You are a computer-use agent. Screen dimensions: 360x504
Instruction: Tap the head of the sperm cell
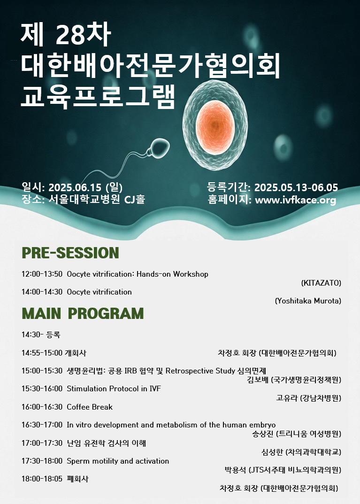pos(159,147)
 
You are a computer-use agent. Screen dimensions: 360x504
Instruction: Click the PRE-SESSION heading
pos(70,253)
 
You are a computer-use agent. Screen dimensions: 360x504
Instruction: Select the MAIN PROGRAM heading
pos(83,313)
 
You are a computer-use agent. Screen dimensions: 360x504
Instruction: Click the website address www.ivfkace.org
pos(295,200)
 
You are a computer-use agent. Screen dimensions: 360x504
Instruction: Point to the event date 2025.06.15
pos(75,187)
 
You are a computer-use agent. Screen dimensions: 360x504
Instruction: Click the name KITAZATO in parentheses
pos(321,283)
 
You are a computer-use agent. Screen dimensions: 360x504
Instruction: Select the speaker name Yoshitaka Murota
pos(308,301)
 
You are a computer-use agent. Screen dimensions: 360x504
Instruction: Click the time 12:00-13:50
pos(42,274)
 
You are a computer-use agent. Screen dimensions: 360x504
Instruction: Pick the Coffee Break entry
pos(90,407)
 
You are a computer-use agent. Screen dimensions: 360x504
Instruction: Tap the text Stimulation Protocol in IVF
pos(114,388)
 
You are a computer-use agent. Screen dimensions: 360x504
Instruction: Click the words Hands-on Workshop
pos(172,274)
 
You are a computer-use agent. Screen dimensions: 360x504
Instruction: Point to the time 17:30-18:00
pos(42,461)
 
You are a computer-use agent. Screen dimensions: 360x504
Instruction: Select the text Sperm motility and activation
pos(118,461)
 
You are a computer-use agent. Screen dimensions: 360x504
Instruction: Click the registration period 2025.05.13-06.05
pos(296,187)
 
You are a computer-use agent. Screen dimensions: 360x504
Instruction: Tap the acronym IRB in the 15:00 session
pos(130,371)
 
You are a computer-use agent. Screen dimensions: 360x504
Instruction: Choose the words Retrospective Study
pos(200,371)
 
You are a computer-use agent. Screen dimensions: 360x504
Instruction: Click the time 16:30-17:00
pos(42,425)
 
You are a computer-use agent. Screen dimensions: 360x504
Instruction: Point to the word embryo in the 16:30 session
pos(262,425)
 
